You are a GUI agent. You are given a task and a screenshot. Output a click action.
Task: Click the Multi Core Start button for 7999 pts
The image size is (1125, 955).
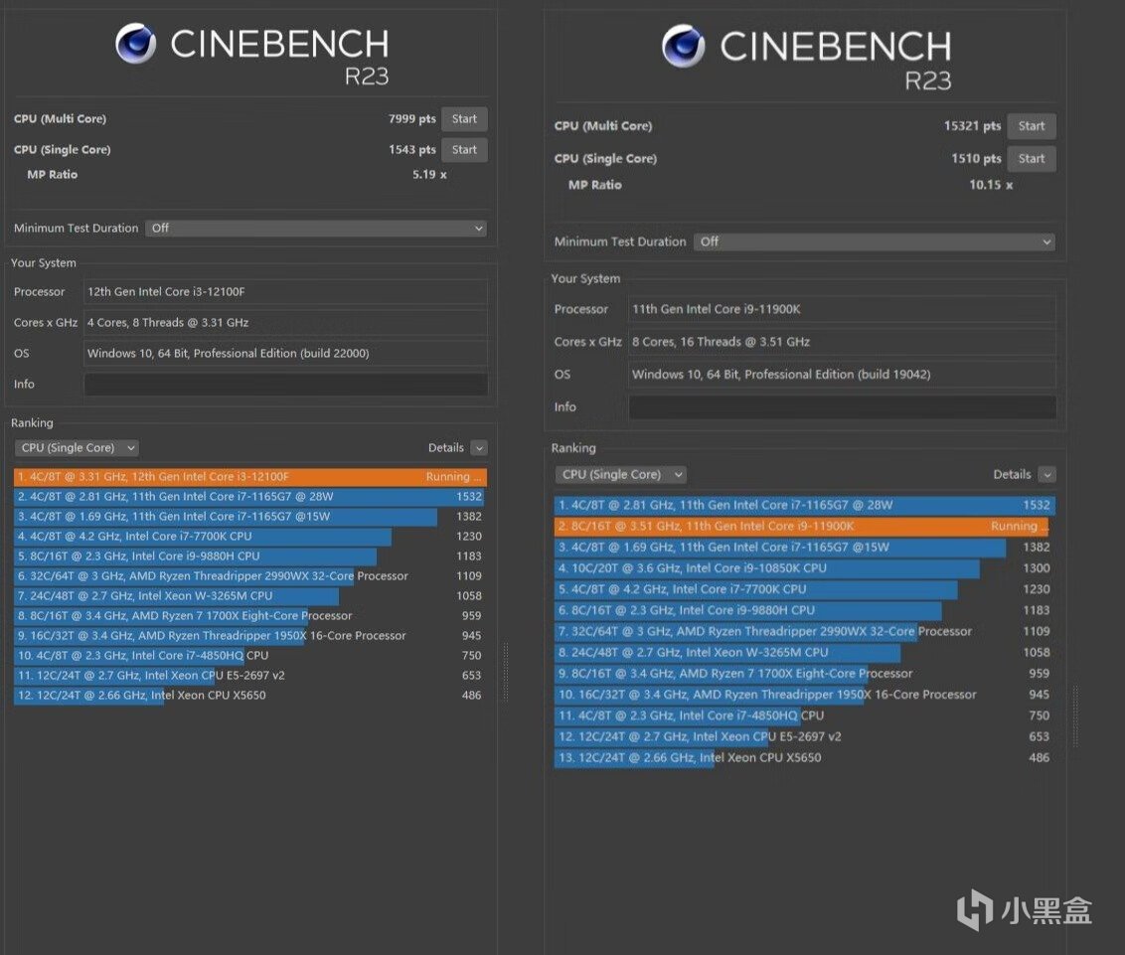coord(464,119)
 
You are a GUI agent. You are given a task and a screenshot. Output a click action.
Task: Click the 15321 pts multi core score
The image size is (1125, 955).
coord(972,126)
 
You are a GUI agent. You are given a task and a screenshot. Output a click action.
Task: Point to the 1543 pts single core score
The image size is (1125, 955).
coord(411,150)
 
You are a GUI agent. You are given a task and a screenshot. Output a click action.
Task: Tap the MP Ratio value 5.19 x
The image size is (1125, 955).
coord(429,175)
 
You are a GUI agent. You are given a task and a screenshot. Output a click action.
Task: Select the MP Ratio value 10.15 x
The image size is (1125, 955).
coord(991,185)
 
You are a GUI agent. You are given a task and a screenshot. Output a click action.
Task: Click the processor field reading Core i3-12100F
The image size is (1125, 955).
coord(285,292)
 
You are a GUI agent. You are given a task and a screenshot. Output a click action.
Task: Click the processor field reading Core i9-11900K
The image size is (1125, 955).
coord(842,309)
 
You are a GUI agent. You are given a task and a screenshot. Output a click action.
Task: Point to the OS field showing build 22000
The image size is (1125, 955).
coord(285,354)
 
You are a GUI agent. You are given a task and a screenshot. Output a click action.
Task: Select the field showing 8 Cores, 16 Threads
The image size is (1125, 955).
coord(842,342)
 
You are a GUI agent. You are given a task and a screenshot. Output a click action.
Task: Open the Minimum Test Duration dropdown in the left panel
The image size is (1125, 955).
coord(316,229)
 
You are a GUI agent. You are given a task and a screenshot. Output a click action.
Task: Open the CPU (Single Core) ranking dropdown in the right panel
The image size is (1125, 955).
coord(620,475)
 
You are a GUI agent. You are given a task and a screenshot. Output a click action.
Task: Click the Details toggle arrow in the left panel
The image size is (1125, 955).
coord(479,448)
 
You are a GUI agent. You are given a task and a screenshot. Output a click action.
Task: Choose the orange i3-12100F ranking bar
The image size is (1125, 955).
coord(250,477)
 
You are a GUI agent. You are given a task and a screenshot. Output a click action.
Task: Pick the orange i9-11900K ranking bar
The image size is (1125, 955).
coord(803,527)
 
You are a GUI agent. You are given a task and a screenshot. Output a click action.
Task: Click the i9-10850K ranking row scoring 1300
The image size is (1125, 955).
coord(803,568)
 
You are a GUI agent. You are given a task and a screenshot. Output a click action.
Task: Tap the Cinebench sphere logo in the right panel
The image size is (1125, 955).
coord(683,47)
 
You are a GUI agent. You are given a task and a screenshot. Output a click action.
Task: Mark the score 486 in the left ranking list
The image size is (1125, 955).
coord(471,696)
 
